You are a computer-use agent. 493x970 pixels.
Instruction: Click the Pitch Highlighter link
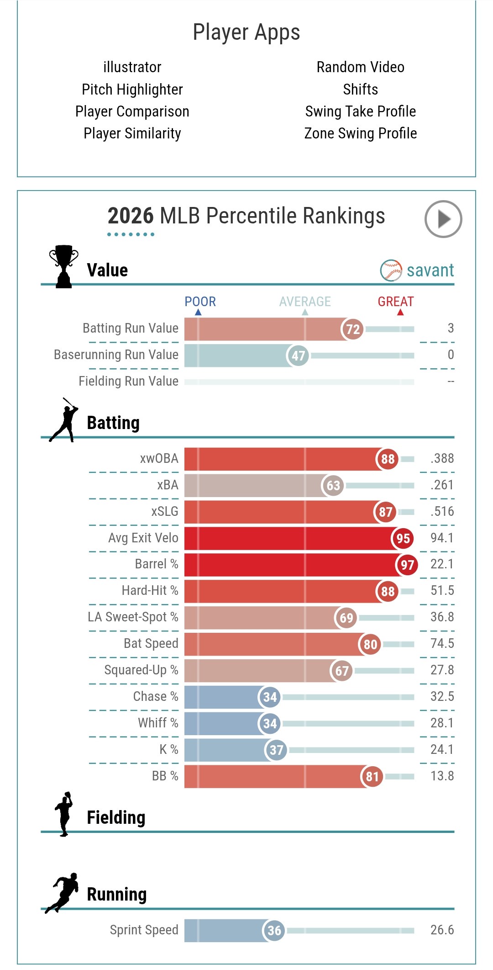pos(132,90)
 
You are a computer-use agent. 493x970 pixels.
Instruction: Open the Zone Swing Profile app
pos(361,133)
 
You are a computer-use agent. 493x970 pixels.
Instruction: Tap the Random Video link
pos(361,67)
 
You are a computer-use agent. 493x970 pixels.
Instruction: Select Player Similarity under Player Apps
pos(132,133)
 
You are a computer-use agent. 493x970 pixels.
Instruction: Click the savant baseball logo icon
pos(391,270)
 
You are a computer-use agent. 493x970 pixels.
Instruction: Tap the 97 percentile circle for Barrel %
pos(407,565)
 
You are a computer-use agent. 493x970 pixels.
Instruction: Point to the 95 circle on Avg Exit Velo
pos(403,538)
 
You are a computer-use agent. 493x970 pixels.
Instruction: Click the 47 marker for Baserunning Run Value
pos(298,355)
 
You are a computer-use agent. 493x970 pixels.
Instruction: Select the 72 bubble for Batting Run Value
pos(352,329)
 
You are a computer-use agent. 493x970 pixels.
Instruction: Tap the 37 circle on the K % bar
pos(276,750)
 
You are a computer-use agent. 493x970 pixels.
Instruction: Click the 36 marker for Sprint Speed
pos(274,930)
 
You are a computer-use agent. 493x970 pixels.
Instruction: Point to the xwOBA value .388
pos(442,459)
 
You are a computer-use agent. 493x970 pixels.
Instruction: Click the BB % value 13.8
pos(442,776)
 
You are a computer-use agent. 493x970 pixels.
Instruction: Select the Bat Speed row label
pos(151,643)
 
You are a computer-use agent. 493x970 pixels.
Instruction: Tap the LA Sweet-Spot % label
pos(133,617)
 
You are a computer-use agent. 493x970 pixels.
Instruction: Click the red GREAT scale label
pos(395,302)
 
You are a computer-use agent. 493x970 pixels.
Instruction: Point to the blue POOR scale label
pos(200,302)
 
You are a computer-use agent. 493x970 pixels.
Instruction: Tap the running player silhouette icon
pos(63,893)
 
